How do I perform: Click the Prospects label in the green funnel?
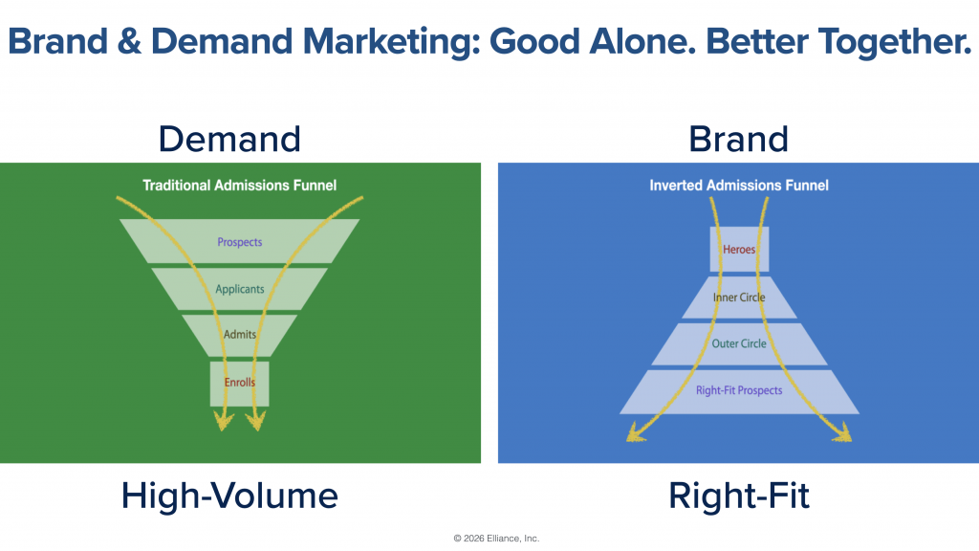pos(240,242)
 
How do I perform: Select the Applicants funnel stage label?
pos(240,289)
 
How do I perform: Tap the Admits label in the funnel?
pos(240,334)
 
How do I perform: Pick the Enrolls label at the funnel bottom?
pos(240,383)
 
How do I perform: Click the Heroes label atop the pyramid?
pos(739,250)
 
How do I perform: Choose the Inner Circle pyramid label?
pos(739,298)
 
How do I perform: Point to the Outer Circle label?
pos(739,343)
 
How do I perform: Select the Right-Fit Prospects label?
pos(739,390)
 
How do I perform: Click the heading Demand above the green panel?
pos(229,139)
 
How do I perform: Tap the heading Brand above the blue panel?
pos(739,139)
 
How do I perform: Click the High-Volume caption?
pos(229,496)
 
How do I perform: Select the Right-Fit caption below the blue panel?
pos(739,496)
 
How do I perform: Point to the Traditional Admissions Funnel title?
pos(240,186)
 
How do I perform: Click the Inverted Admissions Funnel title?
pos(739,186)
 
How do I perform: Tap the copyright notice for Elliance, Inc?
pos(496,539)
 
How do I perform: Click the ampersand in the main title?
pos(129,41)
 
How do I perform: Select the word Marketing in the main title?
pos(391,42)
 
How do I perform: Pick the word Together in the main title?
pos(895,41)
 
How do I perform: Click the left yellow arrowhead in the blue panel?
pos(636,432)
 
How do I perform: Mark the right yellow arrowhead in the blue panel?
pos(842,432)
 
